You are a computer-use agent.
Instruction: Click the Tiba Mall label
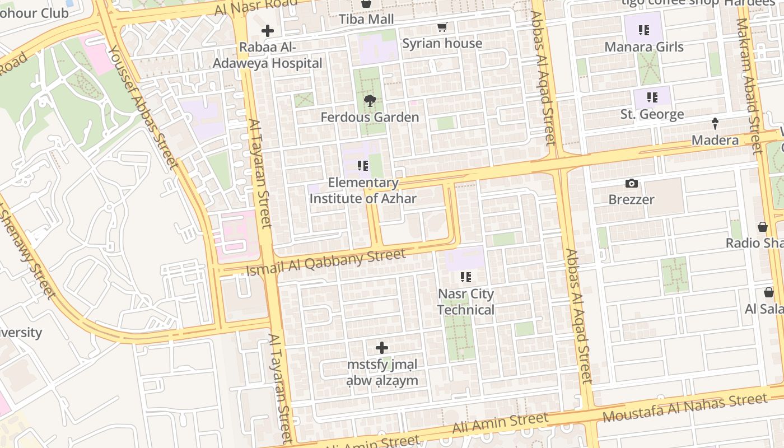click(x=366, y=19)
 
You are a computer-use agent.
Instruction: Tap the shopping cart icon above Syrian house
click(x=442, y=27)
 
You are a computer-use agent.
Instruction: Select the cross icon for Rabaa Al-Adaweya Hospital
click(x=268, y=31)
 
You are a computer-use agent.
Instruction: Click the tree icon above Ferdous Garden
click(x=370, y=101)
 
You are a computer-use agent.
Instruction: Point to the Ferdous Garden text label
click(x=370, y=117)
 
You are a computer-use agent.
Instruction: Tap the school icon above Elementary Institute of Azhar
click(x=363, y=166)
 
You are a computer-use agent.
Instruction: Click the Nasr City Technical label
click(x=465, y=302)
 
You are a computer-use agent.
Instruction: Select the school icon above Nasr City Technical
click(x=465, y=277)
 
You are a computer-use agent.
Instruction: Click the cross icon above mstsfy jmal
click(x=382, y=348)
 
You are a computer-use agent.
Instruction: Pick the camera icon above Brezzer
click(x=631, y=183)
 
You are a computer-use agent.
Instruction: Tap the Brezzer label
click(x=631, y=199)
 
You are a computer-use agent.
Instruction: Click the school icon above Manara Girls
click(x=644, y=30)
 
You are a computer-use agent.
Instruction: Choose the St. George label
click(x=652, y=114)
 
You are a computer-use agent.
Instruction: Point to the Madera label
click(x=715, y=140)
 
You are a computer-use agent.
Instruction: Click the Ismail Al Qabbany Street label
click(x=326, y=263)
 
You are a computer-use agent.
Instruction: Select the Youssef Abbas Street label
click(x=142, y=106)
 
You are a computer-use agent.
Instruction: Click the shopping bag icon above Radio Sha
click(x=762, y=227)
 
